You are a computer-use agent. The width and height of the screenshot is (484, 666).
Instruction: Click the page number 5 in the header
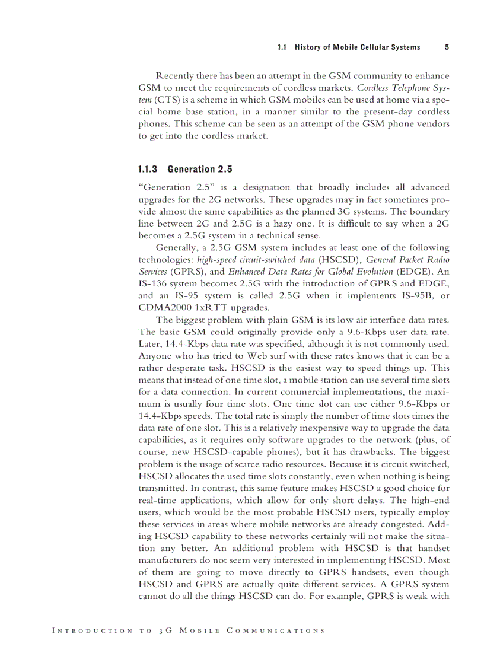coord(446,47)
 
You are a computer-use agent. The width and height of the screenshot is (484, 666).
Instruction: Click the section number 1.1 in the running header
coord(282,47)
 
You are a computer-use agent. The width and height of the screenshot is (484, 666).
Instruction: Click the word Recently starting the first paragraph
coord(178,76)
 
